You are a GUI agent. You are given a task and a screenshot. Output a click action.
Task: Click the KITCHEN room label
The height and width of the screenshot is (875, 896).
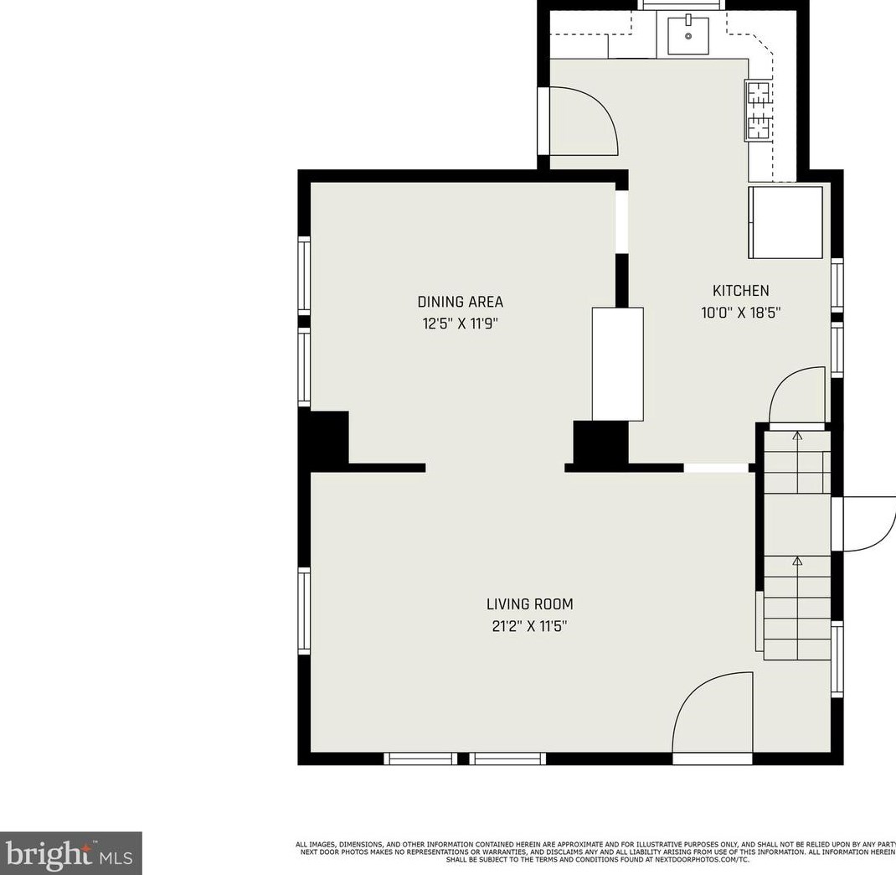740,291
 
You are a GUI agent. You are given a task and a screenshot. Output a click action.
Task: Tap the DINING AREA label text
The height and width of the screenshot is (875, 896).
460,302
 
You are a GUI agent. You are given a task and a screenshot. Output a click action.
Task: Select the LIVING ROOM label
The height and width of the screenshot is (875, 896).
529,603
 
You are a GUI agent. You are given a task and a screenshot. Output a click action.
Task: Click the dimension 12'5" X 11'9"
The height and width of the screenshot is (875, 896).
460,323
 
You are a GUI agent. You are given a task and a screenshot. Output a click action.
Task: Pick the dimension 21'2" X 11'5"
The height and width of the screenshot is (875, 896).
529,625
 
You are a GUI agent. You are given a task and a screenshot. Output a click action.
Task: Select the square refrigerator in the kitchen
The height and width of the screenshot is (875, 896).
785,222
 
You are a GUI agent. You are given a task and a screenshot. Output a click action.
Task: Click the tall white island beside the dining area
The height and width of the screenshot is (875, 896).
617,364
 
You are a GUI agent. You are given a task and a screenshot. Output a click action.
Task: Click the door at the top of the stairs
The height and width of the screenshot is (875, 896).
796,397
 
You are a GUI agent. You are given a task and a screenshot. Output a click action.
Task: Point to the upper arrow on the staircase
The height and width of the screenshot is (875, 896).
797,437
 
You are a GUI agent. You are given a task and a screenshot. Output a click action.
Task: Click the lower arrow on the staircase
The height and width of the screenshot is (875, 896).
797,561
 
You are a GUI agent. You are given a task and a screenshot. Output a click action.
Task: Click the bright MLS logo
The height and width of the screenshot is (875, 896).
70,853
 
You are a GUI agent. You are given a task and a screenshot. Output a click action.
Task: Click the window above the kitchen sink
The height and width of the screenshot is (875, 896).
682,5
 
